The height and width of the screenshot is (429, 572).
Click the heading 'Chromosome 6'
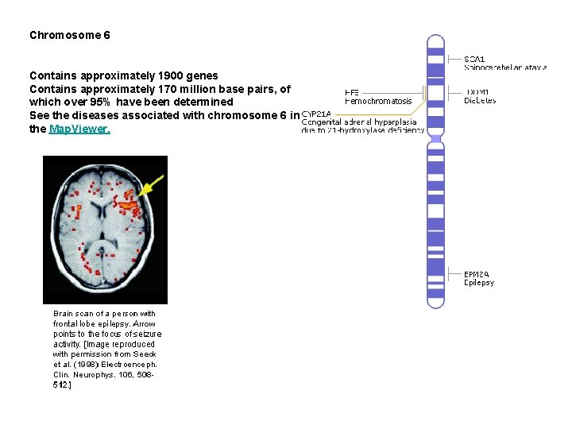(70, 36)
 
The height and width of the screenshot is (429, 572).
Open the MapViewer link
(79, 129)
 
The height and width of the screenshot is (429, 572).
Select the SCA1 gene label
(474, 58)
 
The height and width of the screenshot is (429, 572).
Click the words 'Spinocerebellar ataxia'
(505, 68)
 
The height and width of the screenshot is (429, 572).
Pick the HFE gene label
(351, 91)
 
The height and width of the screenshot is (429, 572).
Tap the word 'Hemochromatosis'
(378, 102)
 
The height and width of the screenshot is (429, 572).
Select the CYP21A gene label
(316, 114)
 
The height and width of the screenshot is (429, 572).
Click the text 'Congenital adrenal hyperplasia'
(359, 122)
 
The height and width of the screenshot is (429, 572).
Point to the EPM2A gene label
(477, 274)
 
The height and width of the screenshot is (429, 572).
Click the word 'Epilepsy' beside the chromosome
(479, 283)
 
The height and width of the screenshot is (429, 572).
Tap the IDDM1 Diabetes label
(480, 96)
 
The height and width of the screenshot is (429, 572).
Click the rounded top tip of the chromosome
(435, 39)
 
